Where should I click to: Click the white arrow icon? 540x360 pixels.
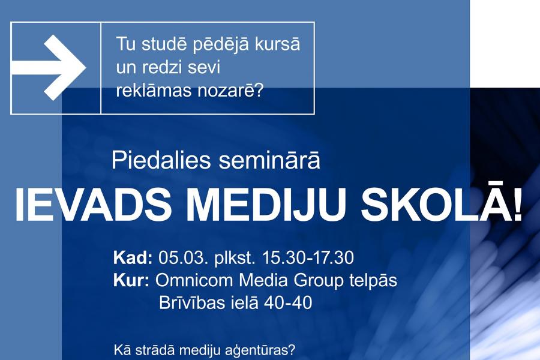tap(48, 68)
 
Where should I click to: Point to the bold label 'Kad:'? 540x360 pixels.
tap(133, 257)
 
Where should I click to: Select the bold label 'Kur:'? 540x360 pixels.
tap(131, 280)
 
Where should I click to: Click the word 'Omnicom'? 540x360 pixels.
tap(194, 280)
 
